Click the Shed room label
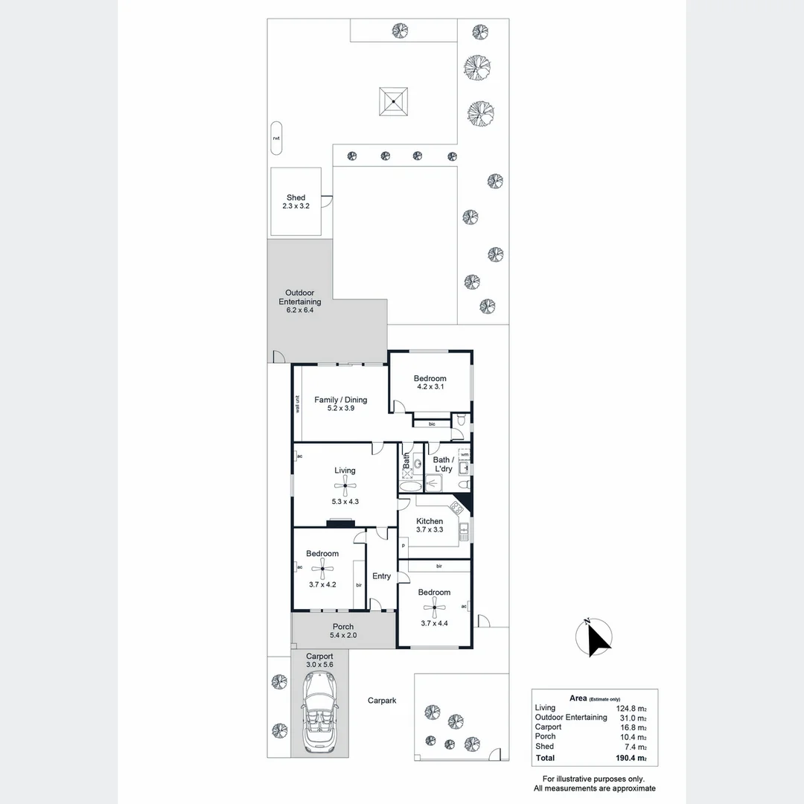point(296,202)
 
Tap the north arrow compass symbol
point(596,638)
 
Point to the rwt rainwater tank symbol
point(276,138)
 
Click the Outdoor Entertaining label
point(300,301)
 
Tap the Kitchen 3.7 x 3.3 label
point(430,526)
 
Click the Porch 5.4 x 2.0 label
point(343,631)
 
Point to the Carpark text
point(382,701)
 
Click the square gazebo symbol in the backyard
point(395,101)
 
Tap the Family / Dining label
point(340,404)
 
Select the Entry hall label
point(381,576)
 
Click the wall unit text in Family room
point(297,403)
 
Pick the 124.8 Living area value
point(631,708)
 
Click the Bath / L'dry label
point(443,465)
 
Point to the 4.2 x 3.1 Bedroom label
point(430,383)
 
